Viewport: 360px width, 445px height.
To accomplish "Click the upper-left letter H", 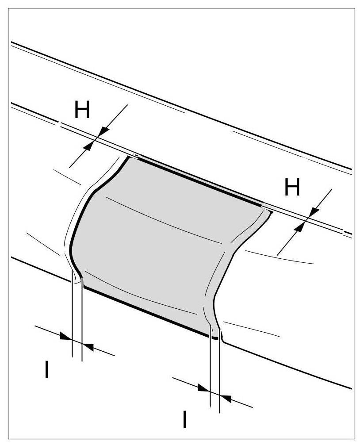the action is coord(82,111).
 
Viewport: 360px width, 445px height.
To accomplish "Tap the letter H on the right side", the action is coord(292,188).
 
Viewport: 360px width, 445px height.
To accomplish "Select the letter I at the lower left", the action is coord(46,370).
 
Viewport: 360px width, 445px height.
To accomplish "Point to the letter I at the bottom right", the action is coord(184,419).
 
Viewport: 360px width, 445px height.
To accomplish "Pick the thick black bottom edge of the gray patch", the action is coord(146,310).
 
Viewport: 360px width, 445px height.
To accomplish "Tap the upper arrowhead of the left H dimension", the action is coord(103,130).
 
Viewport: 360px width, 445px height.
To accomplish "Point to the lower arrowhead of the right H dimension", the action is coord(299,227).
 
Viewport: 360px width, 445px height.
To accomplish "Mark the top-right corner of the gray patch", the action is coord(267,210).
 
